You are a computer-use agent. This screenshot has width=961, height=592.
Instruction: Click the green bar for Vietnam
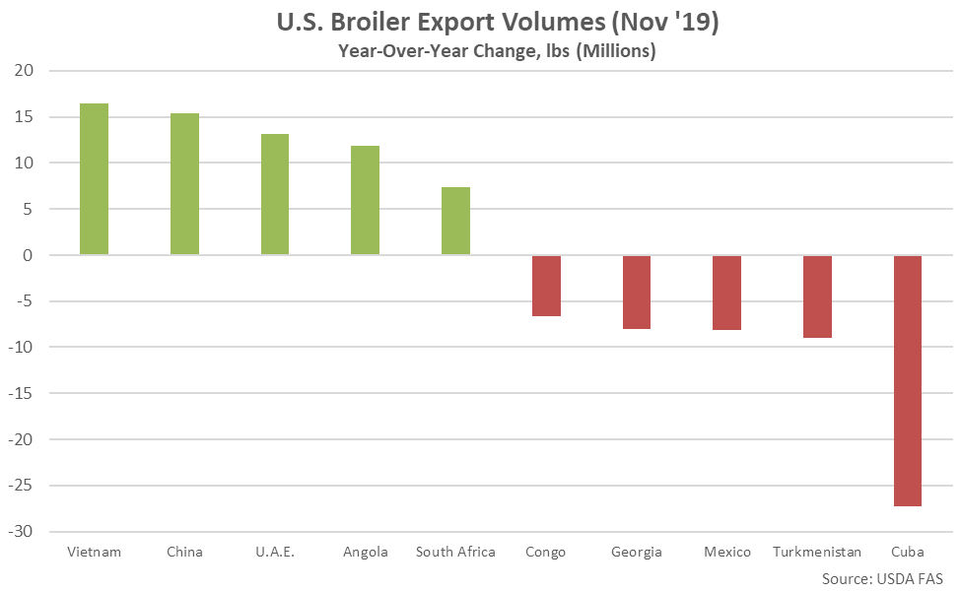coord(95,179)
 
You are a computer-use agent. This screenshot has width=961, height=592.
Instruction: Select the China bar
coord(184,184)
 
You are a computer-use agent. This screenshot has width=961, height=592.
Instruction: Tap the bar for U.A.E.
coord(275,194)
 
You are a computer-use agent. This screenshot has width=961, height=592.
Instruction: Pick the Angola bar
coord(365,200)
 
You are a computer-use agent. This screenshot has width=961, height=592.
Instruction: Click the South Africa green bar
coord(455,221)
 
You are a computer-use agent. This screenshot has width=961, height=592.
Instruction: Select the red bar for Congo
coord(546,286)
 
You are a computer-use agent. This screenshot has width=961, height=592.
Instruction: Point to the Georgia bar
coord(637,292)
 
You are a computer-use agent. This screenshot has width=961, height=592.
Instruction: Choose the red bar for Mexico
coord(727,293)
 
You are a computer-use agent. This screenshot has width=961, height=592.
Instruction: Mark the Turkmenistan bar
coord(817,296)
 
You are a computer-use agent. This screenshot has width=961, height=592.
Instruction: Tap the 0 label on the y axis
coord(29,255)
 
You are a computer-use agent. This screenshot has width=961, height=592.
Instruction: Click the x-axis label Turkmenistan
coord(817,552)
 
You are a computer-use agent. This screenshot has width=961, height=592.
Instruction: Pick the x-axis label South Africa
coord(455,552)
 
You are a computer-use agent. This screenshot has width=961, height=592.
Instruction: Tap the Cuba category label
coord(908,552)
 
